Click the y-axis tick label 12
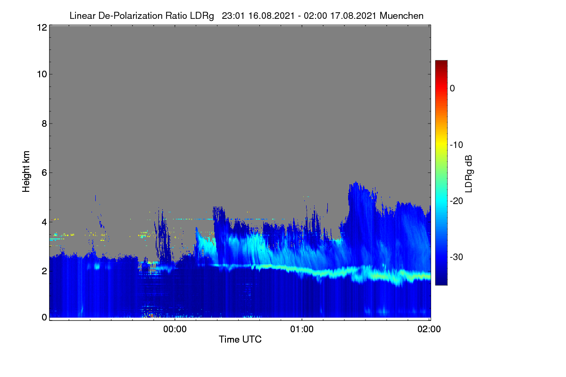click(42, 27)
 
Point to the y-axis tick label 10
click(42, 74)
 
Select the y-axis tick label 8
click(44, 123)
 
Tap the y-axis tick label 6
click(44, 173)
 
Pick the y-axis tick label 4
click(44, 222)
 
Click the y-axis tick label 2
click(44, 271)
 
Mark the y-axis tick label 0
click(44, 318)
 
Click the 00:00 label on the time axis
click(175, 329)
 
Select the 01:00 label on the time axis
click(302, 329)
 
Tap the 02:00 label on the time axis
click(429, 329)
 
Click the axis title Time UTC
click(240, 339)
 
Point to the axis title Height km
click(26, 172)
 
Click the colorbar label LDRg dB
click(469, 174)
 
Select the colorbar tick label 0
click(452, 89)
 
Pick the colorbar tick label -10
click(457, 145)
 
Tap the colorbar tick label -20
click(457, 201)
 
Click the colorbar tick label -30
click(457, 257)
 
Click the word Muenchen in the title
click(401, 16)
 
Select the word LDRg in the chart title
click(202, 16)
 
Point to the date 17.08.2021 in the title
click(353, 16)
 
